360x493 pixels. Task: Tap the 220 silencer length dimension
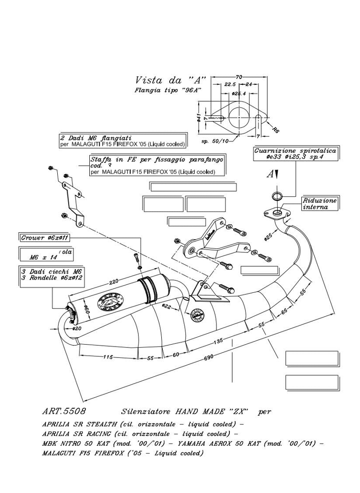coord(114,282)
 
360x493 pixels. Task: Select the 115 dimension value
coord(107,357)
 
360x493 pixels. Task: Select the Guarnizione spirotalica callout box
coord(295,154)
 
